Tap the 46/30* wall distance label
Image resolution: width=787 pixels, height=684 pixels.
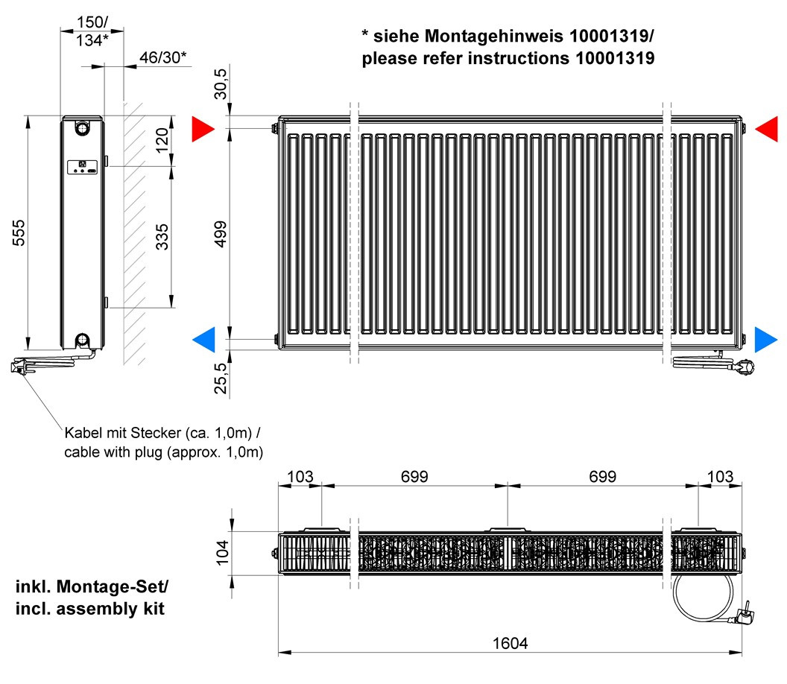coord(162,57)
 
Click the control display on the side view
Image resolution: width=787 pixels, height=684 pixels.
coord(82,166)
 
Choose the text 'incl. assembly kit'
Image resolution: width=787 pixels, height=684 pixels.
coord(90,609)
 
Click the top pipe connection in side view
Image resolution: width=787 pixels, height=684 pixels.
coord(80,128)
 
